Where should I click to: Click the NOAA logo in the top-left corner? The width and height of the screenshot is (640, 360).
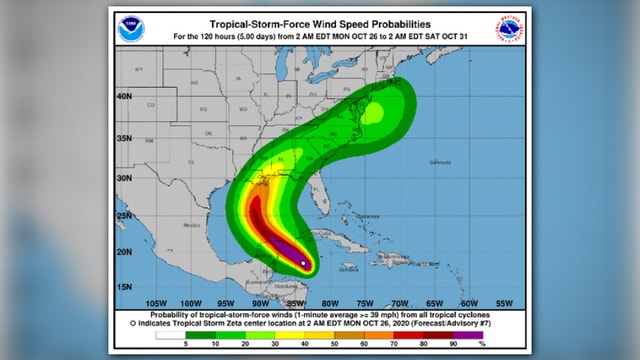tap(129, 29)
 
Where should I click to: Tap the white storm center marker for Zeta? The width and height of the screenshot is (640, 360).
tap(303, 263)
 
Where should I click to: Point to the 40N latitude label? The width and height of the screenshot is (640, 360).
tap(125, 97)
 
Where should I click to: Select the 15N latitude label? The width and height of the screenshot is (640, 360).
tap(125, 288)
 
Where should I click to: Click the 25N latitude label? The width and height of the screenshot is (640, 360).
tap(125, 214)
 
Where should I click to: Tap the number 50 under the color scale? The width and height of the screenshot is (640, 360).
tap(329, 344)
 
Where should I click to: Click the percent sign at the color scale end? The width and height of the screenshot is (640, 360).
tap(482, 344)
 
